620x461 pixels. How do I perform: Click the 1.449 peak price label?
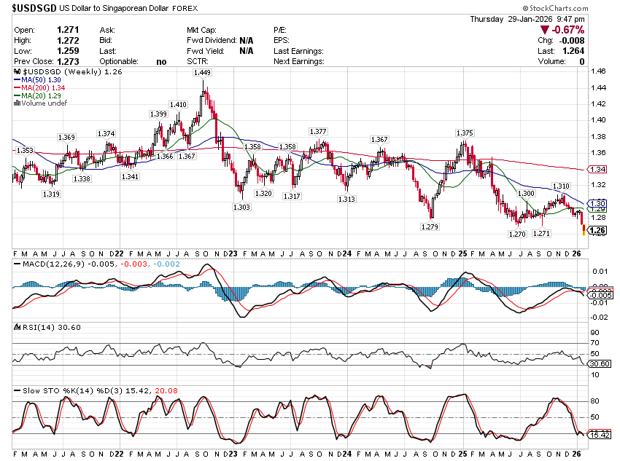tap(202, 73)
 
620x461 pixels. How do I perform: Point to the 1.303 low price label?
tap(242, 208)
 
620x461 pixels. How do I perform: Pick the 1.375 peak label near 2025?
tap(465, 133)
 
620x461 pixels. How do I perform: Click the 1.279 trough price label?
tap(430, 227)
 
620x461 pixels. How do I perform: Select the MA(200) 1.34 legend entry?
tap(41, 87)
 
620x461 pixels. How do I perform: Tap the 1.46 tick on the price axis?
tap(599, 71)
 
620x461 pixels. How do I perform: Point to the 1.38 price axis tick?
tap(599, 136)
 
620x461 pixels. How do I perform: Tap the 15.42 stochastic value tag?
tap(599, 435)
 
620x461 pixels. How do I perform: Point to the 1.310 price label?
tap(561, 186)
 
